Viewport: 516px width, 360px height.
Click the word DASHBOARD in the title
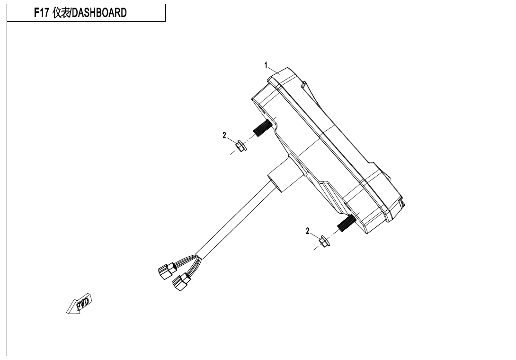[99, 13]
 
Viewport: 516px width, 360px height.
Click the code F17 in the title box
[42, 13]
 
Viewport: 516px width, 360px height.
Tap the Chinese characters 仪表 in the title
[61, 13]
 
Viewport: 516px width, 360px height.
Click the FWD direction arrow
[80, 303]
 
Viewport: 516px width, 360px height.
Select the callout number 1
[266, 65]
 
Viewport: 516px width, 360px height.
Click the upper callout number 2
[224, 135]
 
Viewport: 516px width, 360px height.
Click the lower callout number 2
[308, 231]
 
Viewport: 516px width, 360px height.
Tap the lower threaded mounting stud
[346, 223]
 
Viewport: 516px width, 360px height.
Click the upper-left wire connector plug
[168, 270]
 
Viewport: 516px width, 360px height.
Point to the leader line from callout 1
[274, 71]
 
